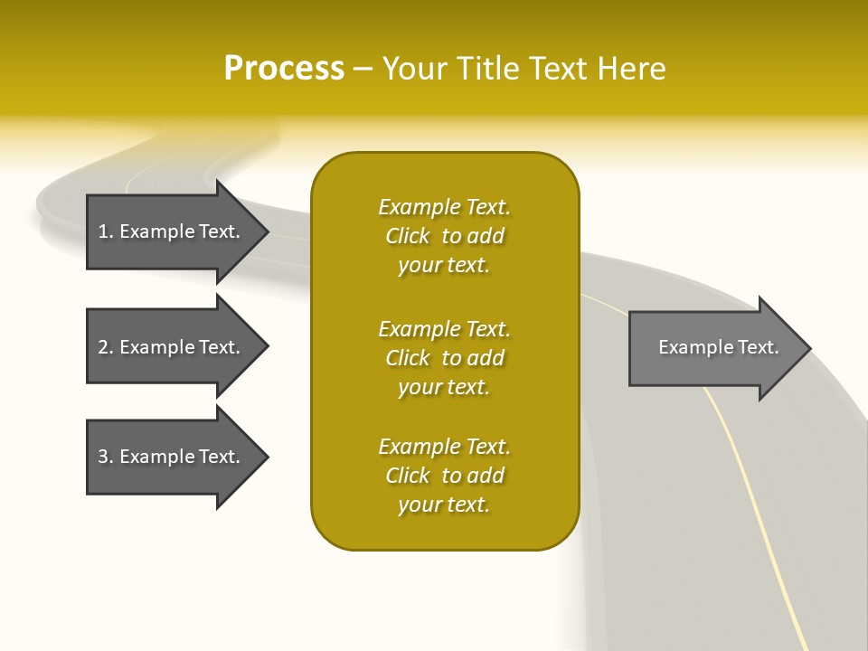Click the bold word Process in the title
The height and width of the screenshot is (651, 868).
pos(284,69)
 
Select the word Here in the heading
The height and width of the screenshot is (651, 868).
pos(629,69)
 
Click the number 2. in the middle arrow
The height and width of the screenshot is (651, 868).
pos(106,347)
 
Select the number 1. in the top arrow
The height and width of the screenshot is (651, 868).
pos(106,231)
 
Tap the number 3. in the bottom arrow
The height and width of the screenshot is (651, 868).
pos(106,457)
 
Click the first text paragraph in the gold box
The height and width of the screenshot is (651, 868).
pos(444,236)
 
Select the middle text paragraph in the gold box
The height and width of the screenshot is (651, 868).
pos(444,358)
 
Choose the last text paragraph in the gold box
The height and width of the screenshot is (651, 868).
pos(444,476)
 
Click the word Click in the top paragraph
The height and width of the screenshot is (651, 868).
pos(407,236)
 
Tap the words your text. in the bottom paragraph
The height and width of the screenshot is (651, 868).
pos(444,505)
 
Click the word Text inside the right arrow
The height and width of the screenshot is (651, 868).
pos(759,347)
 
